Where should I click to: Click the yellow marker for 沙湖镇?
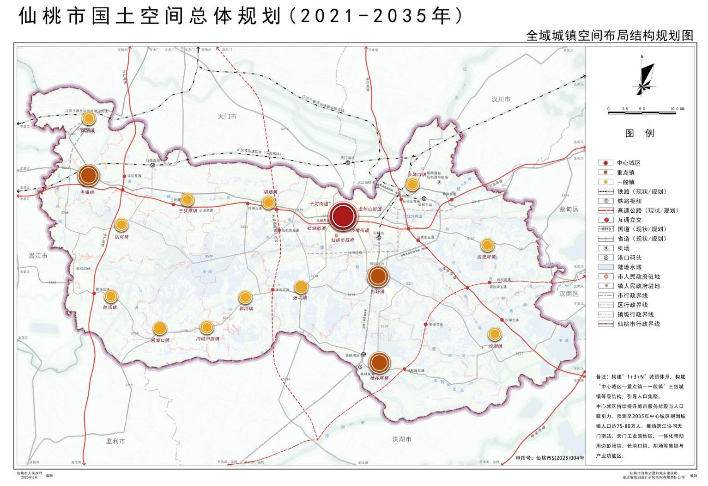click(x=494, y=334)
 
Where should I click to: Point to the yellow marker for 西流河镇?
click(x=487, y=245)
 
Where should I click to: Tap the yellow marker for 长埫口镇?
click(x=412, y=185)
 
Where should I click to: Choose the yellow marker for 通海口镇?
click(x=159, y=328)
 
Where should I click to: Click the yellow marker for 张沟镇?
click(x=301, y=287)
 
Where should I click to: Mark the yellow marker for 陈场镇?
click(x=110, y=296)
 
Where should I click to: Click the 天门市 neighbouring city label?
click(x=227, y=117)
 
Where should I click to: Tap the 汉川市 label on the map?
click(x=501, y=99)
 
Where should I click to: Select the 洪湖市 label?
click(x=401, y=439)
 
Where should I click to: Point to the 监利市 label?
click(x=115, y=441)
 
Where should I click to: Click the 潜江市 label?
click(x=38, y=256)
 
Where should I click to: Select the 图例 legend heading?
click(x=640, y=134)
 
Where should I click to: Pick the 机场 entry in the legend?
click(x=623, y=248)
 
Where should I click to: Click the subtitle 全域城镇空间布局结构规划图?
click(x=610, y=36)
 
